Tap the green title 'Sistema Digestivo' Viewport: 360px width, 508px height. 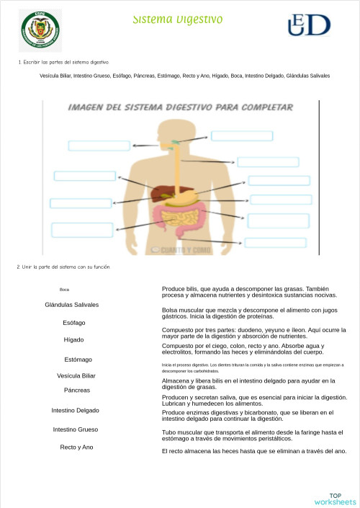pyautogui.click(x=178, y=19)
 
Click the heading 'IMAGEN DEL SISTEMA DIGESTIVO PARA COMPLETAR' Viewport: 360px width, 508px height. pyautogui.click(x=181, y=107)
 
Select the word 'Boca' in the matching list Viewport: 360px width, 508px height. pyautogui.click(x=65, y=290)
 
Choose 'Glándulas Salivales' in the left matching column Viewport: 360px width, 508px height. pyautogui.click(x=72, y=305)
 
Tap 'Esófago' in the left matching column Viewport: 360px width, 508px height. pyautogui.click(x=74, y=322)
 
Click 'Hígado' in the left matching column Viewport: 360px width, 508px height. pyautogui.click(x=73, y=339)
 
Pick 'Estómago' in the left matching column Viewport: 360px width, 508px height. pyautogui.click(x=78, y=360)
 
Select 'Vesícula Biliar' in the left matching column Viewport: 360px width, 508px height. pyautogui.click(x=76, y=376)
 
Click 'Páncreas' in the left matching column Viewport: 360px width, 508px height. pyautogui.click(x=76, y=390)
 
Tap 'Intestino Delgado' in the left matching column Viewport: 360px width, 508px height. pyautogui.click(x=76, y=410)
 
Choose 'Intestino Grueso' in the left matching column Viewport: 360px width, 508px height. pyautogui.click(x=76, y=429)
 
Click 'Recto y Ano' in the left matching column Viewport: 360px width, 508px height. pyautogui.click(x=76, y=447)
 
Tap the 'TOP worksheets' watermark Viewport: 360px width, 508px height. pyautogui.click(x=335, y=499)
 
